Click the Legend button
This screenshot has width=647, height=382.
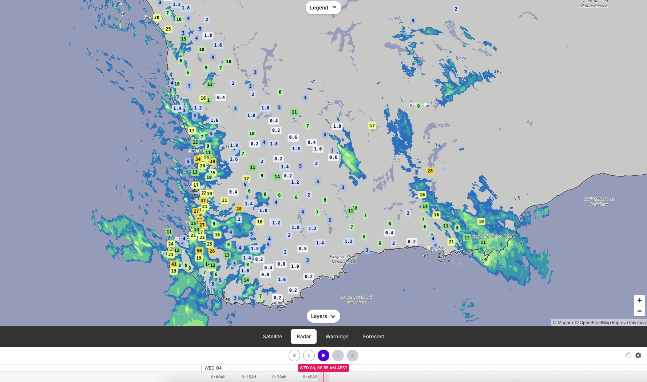click(x=323, y=8)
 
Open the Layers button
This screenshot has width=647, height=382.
click(x=323, y=316)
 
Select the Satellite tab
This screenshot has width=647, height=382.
click(x=272, y=337)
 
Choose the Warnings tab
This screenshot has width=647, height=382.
click(x=337, y=337)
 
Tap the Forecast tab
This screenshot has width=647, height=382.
click(x=373, y=337)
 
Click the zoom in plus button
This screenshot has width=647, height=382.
click(x=639, y=301)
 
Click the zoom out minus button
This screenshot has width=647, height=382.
click(x=639, y=311)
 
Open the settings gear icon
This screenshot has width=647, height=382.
click(x=638, y=355)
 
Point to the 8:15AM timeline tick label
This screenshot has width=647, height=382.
click(x=249, y=377)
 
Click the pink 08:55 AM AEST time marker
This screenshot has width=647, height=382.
click(x=323, y=368)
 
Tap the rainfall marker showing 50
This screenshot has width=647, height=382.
click(x=199, y=251)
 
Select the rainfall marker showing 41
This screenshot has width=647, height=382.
click(x=174, y=264)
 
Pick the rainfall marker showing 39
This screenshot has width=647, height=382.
click(x=213, y=161)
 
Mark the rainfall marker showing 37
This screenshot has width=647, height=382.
click(x=203, y=200)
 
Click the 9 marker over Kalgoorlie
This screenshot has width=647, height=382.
click(x=418, y=106)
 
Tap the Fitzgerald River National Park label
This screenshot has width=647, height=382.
click(x=344, y=259)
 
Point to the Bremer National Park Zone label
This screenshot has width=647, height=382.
click(x=356, y=300)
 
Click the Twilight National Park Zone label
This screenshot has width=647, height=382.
click(x=599, y=202)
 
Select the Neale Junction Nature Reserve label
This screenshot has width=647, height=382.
click(x=594, y=4)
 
